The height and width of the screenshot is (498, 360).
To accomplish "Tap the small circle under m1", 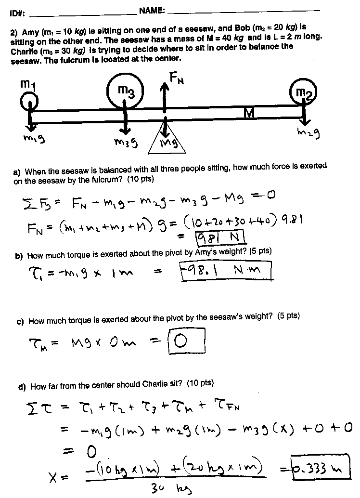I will [x=29, y=102].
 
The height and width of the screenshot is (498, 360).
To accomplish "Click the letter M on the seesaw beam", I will [x=248, y=113].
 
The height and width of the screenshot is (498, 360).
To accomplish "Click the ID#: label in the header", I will [x=17, y=14].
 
